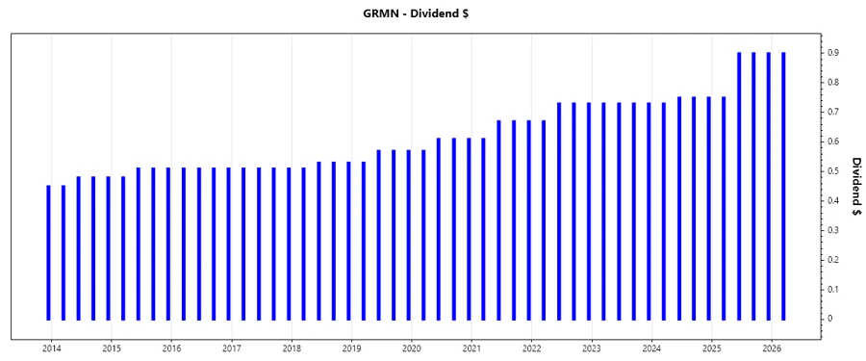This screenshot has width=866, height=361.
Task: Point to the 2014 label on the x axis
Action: point(51,348)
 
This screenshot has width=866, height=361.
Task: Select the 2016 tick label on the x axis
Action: point(171,348)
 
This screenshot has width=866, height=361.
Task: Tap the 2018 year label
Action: point(292,348)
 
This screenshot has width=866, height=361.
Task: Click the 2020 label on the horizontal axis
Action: point(412,348)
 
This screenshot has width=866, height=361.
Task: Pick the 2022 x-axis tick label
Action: point(531,348)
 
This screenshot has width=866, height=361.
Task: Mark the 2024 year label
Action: point(651,348)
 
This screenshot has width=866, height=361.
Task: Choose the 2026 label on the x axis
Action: point(772,348)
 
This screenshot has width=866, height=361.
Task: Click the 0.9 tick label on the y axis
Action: point(833,53)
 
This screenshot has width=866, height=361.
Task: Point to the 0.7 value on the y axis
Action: point(833,112)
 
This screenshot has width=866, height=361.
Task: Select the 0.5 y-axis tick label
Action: point(833,171)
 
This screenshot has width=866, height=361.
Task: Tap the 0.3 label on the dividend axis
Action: point(833,230)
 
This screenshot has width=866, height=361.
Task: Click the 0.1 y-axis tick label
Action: point(833,289)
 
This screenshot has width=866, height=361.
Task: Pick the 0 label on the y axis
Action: point(829,319)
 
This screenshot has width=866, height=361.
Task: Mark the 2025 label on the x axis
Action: point(712,348)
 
